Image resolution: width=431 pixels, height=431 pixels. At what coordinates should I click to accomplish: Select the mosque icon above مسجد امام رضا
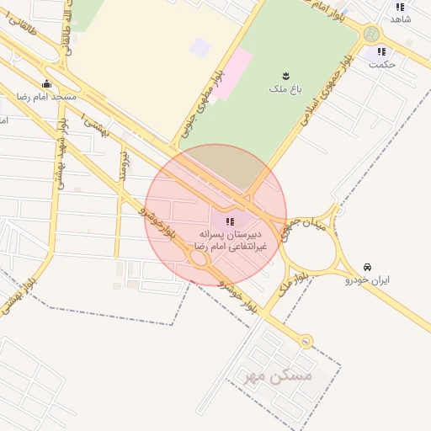point(46,84)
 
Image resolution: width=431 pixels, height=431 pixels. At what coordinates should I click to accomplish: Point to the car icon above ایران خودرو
point(366,265)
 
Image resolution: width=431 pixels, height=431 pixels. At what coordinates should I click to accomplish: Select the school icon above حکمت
point(381,51)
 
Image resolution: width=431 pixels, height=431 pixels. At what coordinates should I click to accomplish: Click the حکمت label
point(382,64)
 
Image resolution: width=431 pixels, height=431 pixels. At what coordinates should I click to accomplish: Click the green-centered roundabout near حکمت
point(371,35)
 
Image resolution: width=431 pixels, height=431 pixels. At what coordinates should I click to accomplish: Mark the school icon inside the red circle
point(231,221)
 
